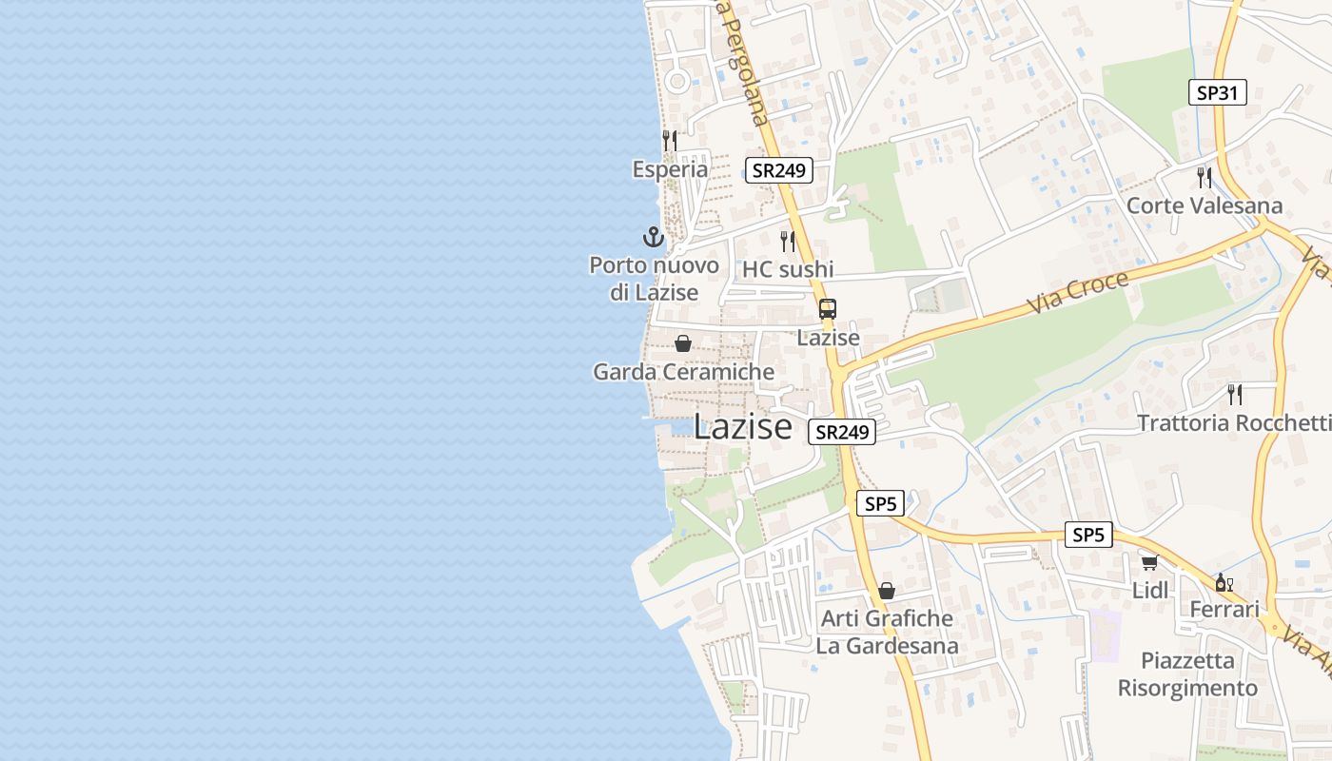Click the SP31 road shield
1217,92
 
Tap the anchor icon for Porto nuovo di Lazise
653,237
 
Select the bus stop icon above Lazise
828,309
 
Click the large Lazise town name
742,427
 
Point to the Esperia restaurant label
670,169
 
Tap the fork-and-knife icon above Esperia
670,141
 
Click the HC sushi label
788,269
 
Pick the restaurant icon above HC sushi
788,241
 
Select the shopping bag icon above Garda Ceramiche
683,343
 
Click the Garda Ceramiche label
683,372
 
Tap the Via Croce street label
1078,293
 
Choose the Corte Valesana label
1205,205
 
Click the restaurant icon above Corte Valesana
1205,177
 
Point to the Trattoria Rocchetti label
1234,422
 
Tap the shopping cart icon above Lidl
1149,562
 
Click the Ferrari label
1224,610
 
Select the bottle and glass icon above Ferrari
1224,582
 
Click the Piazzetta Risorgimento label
1187,673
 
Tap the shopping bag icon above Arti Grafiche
887,591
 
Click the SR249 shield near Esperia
778,170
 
